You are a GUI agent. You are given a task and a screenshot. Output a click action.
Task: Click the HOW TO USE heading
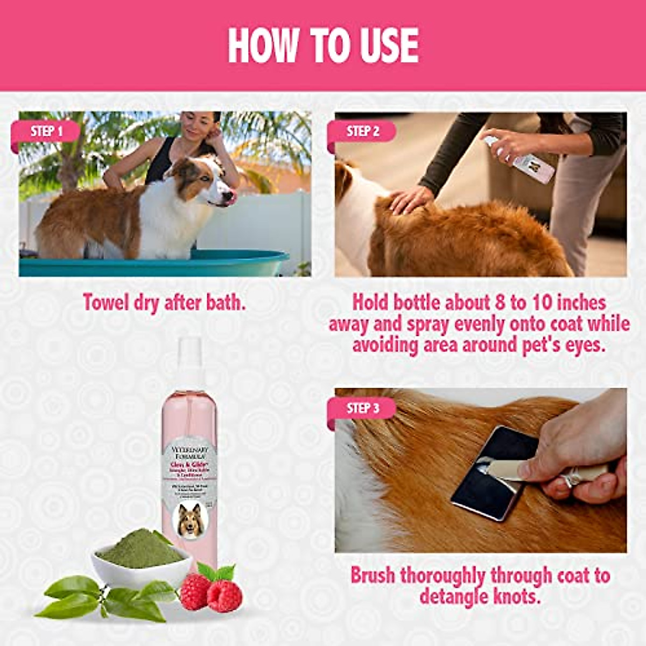pyautogui.click(x=323, y=45)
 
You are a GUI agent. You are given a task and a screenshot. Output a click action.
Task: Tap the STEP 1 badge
pyautogui.click(x=47, y=131)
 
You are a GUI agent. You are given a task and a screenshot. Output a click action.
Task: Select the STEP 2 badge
pyautogui.click(x=363, y=131)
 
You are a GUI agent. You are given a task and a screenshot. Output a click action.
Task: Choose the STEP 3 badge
pyautogui.click(x=363, y=408)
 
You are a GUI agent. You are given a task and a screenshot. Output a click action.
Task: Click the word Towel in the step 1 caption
pyautogui.click(x=106, y=303)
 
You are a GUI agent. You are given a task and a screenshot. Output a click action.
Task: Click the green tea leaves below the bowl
pyautogui.click(x=108, y=598)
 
